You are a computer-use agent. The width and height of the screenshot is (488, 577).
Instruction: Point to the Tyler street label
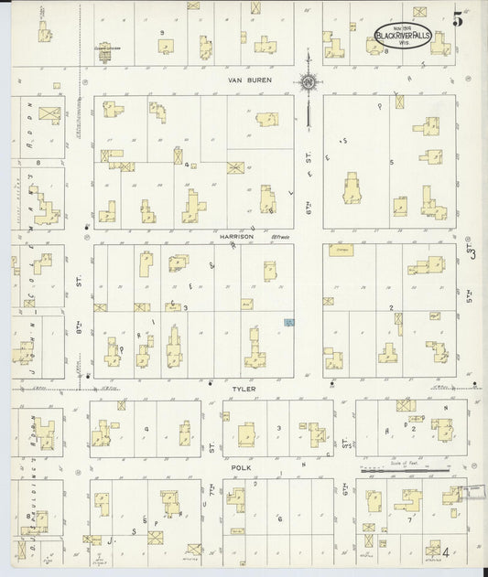coord(244,389)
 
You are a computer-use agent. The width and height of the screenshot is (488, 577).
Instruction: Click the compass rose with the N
coord(309,85)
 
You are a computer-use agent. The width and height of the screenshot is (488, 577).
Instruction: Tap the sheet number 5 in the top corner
coord(457,16)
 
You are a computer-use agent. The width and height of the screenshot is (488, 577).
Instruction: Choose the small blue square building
coord(288,323)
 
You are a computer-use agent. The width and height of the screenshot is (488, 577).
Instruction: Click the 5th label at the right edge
coord(469,297)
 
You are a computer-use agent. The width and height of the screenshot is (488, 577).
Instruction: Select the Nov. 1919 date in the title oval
coord(403,27)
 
